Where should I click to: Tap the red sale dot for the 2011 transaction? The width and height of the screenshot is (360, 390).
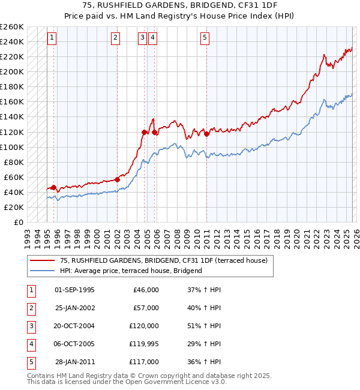click(x=206, y=134)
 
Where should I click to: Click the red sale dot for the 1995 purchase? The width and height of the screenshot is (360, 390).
click(x=53, y=187)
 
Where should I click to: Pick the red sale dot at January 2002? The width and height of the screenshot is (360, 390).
click(x=117, y=179)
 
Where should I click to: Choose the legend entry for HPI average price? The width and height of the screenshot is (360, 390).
click(x=131, y=271)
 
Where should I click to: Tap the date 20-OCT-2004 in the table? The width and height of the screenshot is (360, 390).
click(x=74, y=326)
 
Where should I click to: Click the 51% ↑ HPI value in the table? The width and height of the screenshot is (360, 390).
click(x=204, y=326)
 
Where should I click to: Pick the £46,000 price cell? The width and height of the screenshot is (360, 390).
click(x=144, y=290)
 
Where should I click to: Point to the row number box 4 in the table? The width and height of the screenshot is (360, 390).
click(x=31, y=344)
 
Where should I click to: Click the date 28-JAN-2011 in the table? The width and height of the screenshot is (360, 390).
click(x=75, y=362)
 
